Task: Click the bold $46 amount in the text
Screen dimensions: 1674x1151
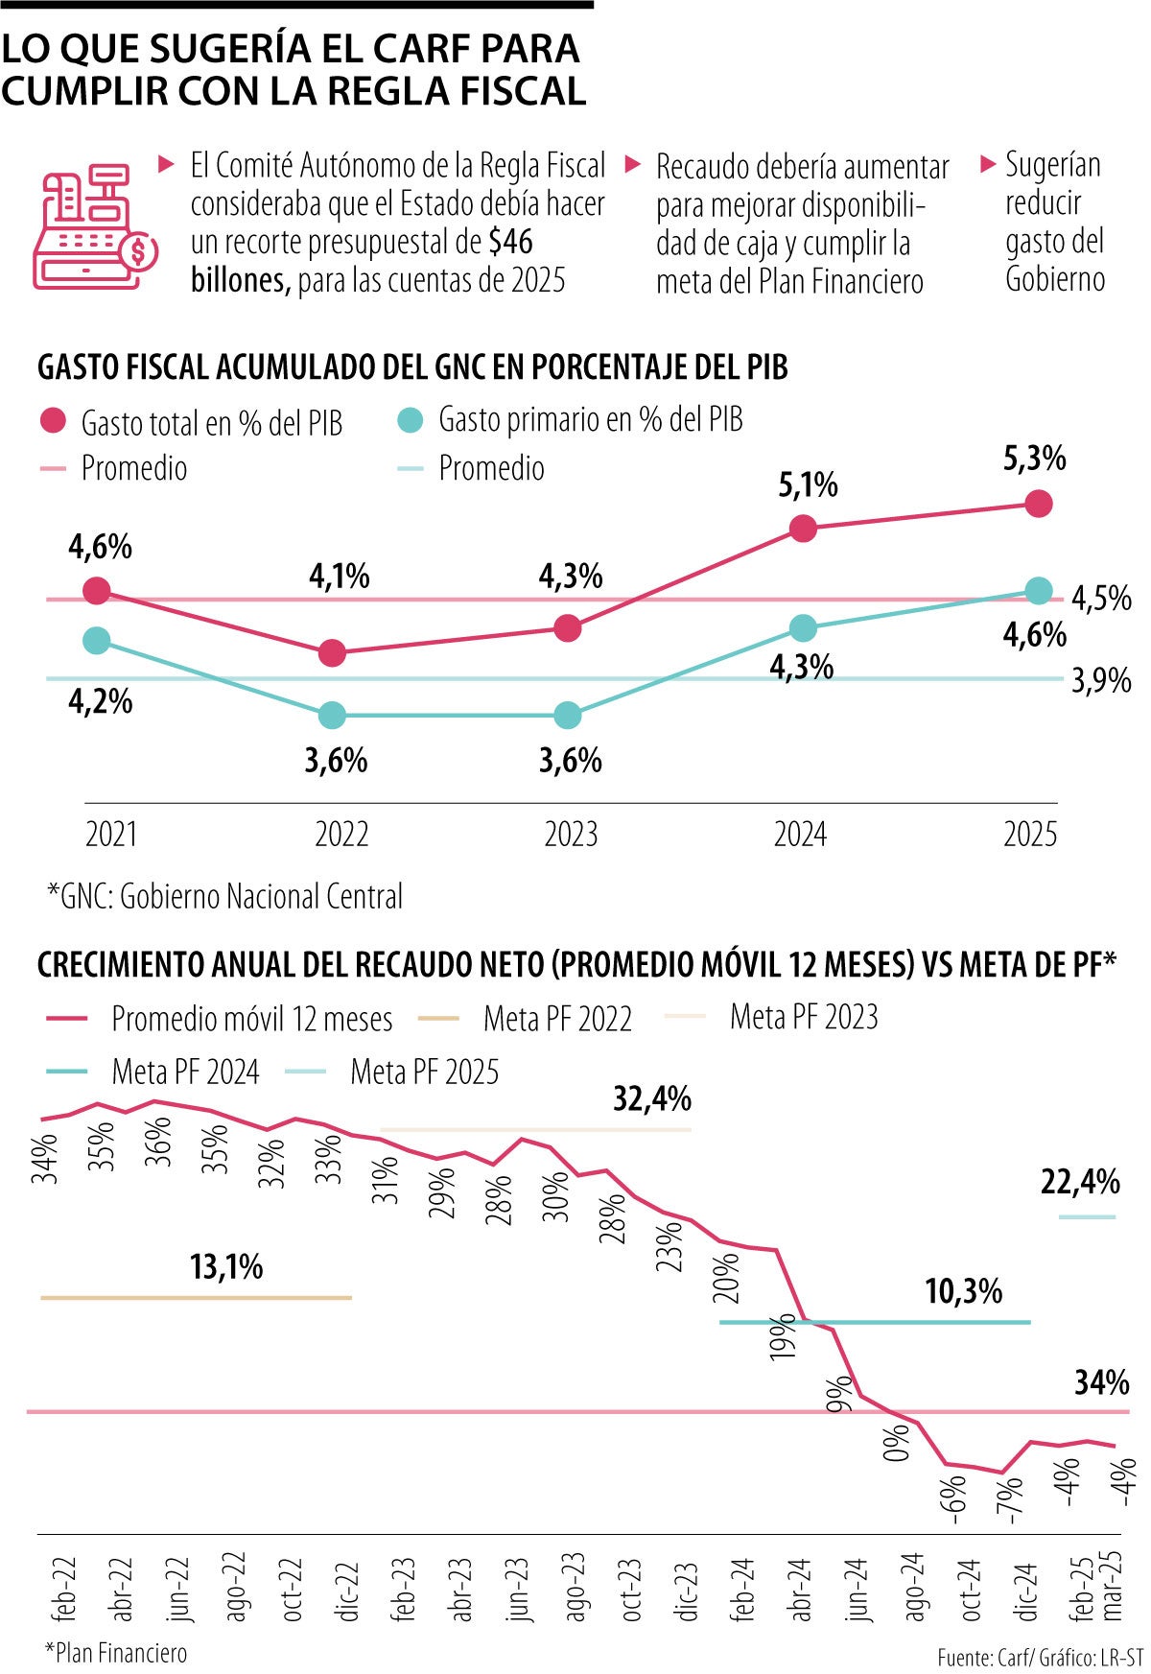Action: pos(510,242)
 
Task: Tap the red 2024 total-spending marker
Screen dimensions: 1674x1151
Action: pos(803,528)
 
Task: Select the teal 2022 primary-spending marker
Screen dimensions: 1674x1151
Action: pos(332,715)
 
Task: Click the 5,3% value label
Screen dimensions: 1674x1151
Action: pos(1034,459)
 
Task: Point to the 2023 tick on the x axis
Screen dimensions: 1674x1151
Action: pos(571,834)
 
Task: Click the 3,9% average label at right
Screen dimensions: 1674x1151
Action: pos(1101,681)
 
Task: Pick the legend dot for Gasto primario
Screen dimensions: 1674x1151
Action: pos(411,420)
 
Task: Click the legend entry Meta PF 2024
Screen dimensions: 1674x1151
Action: pos(185,1072)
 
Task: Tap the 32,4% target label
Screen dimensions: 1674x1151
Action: pos(652,1098)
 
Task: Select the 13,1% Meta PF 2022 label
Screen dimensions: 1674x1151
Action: pos(226,1267)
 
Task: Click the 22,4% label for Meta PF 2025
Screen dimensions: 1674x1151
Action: pos(1080,1182)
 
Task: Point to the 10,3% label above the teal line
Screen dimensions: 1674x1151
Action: pos(963,1291)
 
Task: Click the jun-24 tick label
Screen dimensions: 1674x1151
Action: pos(857,1589)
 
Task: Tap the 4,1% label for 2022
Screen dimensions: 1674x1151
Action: pos(340,577)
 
